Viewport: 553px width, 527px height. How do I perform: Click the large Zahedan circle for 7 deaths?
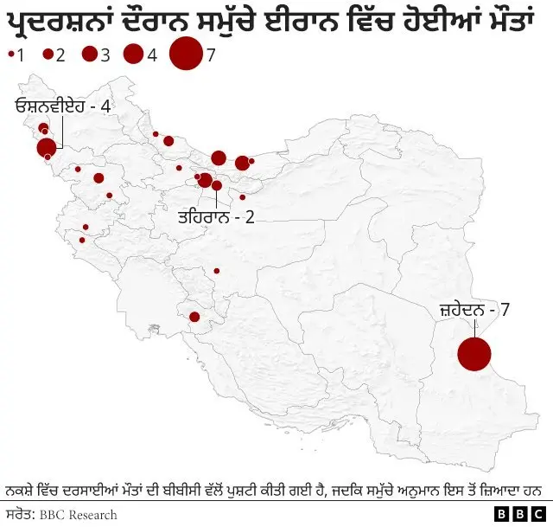474,355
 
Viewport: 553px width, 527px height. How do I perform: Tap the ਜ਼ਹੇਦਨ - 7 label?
474,309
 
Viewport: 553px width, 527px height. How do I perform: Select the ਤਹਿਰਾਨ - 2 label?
216,216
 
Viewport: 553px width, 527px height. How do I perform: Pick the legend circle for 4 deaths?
133,55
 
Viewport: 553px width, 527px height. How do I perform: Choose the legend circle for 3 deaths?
89,55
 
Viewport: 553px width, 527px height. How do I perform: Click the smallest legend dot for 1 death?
10,55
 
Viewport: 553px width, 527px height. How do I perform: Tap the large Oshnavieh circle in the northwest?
47,148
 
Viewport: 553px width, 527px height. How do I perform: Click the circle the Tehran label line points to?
216,185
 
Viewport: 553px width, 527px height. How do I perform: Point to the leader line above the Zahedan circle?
474,327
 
